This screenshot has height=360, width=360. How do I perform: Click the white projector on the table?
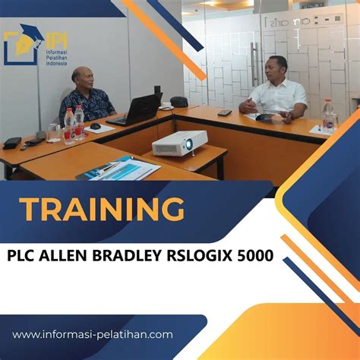pyautogui.click(x=179, y=142)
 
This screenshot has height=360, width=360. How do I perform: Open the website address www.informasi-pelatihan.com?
pyautogui.click(x=92, y=333)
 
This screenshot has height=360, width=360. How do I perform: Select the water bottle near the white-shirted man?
pyautogui.click(x=328, y=114)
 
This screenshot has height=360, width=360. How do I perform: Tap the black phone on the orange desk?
pyautogui.click(x=225, y=112)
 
